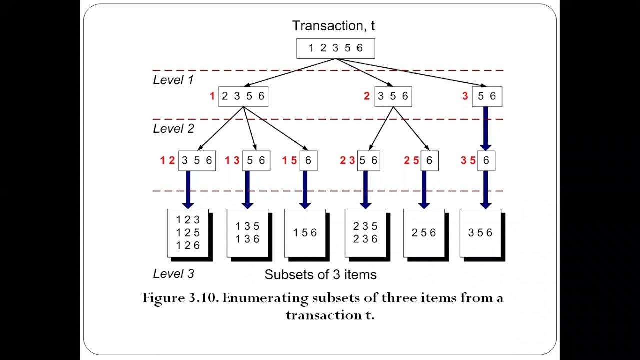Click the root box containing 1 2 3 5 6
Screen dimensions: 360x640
[335, 48]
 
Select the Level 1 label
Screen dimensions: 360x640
[173, 80]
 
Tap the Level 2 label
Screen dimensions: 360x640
[173, 129]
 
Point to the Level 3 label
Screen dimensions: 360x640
[173, 274]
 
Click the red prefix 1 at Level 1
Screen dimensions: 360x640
[212, 96]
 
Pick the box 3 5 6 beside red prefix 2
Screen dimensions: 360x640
[392, 96]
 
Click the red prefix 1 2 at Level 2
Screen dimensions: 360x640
[167, 161]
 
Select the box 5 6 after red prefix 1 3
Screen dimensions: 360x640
[256, 161]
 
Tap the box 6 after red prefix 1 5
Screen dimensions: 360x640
[308, 161]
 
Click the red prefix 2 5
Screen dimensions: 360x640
[411, 161]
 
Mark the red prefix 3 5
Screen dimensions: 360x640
[468, 161]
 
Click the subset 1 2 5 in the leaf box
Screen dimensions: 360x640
[188, 233]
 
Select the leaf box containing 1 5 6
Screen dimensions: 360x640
[305, 233]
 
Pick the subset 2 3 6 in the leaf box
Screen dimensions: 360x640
[365, 239]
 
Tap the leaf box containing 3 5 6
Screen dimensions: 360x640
[480, 233]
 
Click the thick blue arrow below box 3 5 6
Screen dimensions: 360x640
[188, 189]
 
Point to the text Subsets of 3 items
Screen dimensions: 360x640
[320, 275]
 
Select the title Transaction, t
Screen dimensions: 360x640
[333, 26]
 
